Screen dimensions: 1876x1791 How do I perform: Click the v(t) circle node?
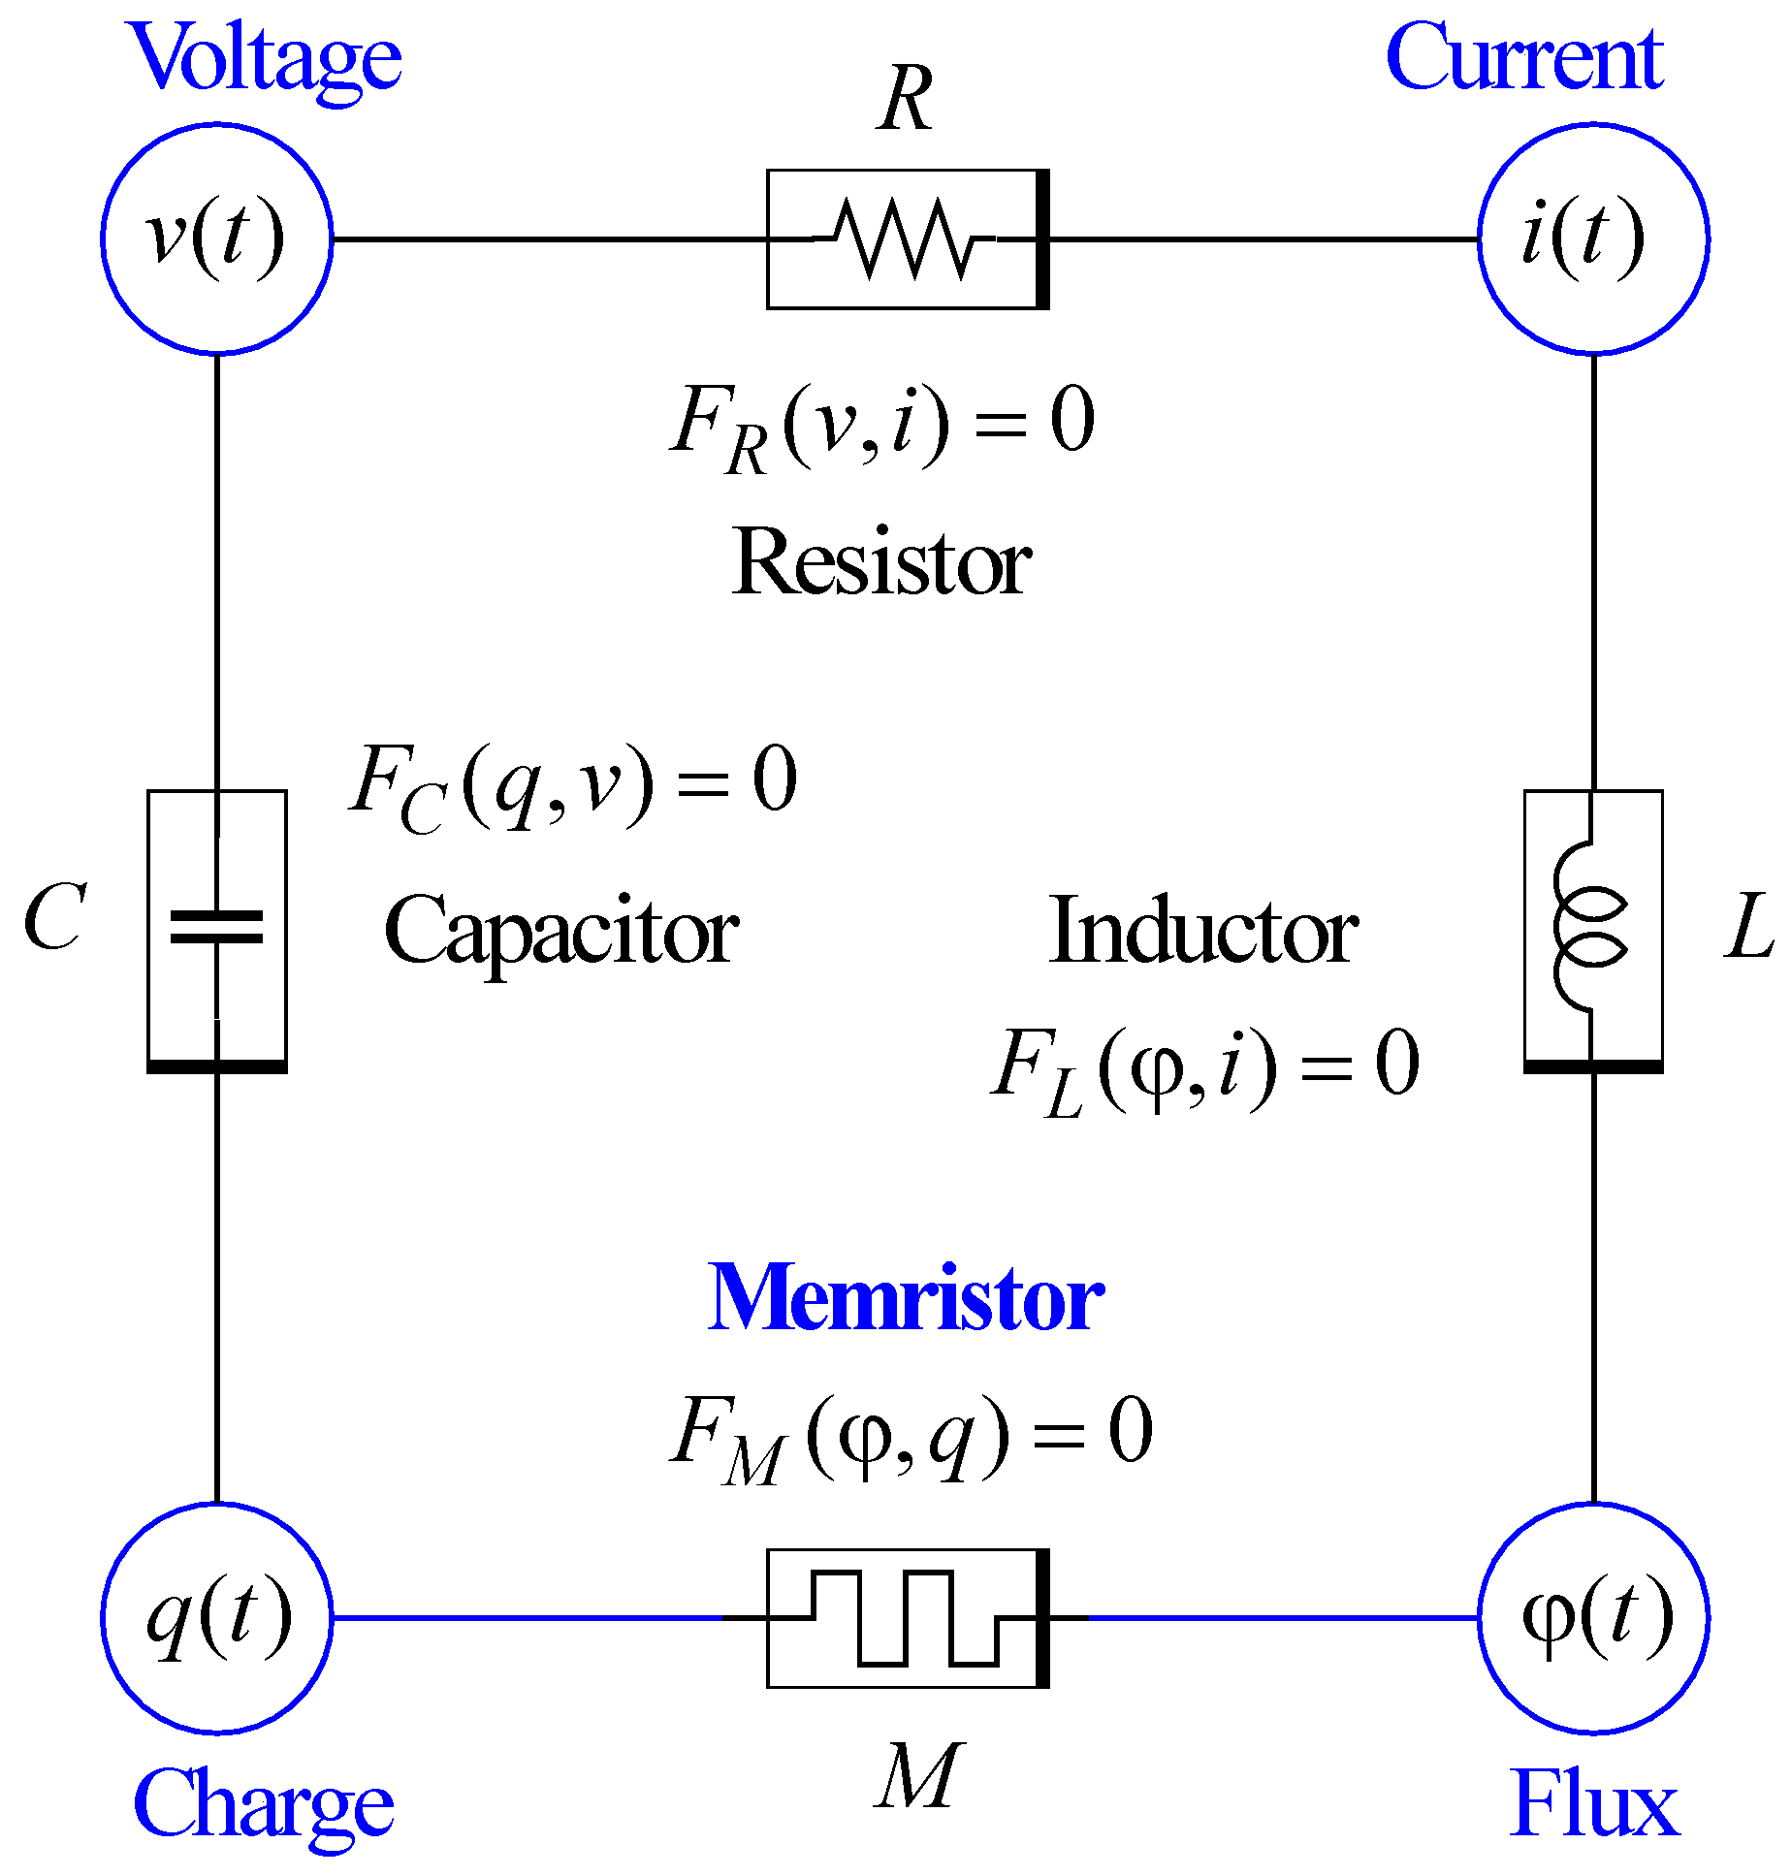point(216,238)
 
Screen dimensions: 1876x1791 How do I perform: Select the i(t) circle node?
point(1593,238)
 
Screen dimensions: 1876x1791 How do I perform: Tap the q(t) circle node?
point(216,1617)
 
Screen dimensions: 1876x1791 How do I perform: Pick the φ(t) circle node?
point(1593,1617)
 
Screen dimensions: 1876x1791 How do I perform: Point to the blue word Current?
point(1524,58)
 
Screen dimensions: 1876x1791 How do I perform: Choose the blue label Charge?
point(263,1805)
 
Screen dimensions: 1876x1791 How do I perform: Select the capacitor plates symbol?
point(216,926)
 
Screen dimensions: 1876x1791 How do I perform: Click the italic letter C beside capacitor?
point(55,917)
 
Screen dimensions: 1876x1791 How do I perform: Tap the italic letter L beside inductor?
point(1747,926)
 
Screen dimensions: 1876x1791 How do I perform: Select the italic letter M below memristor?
point(917,1776)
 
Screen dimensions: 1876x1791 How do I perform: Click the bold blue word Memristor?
point(905,1297)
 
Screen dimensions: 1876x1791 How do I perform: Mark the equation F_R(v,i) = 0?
point(882,425)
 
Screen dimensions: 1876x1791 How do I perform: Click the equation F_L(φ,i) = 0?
point(1204,1069)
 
